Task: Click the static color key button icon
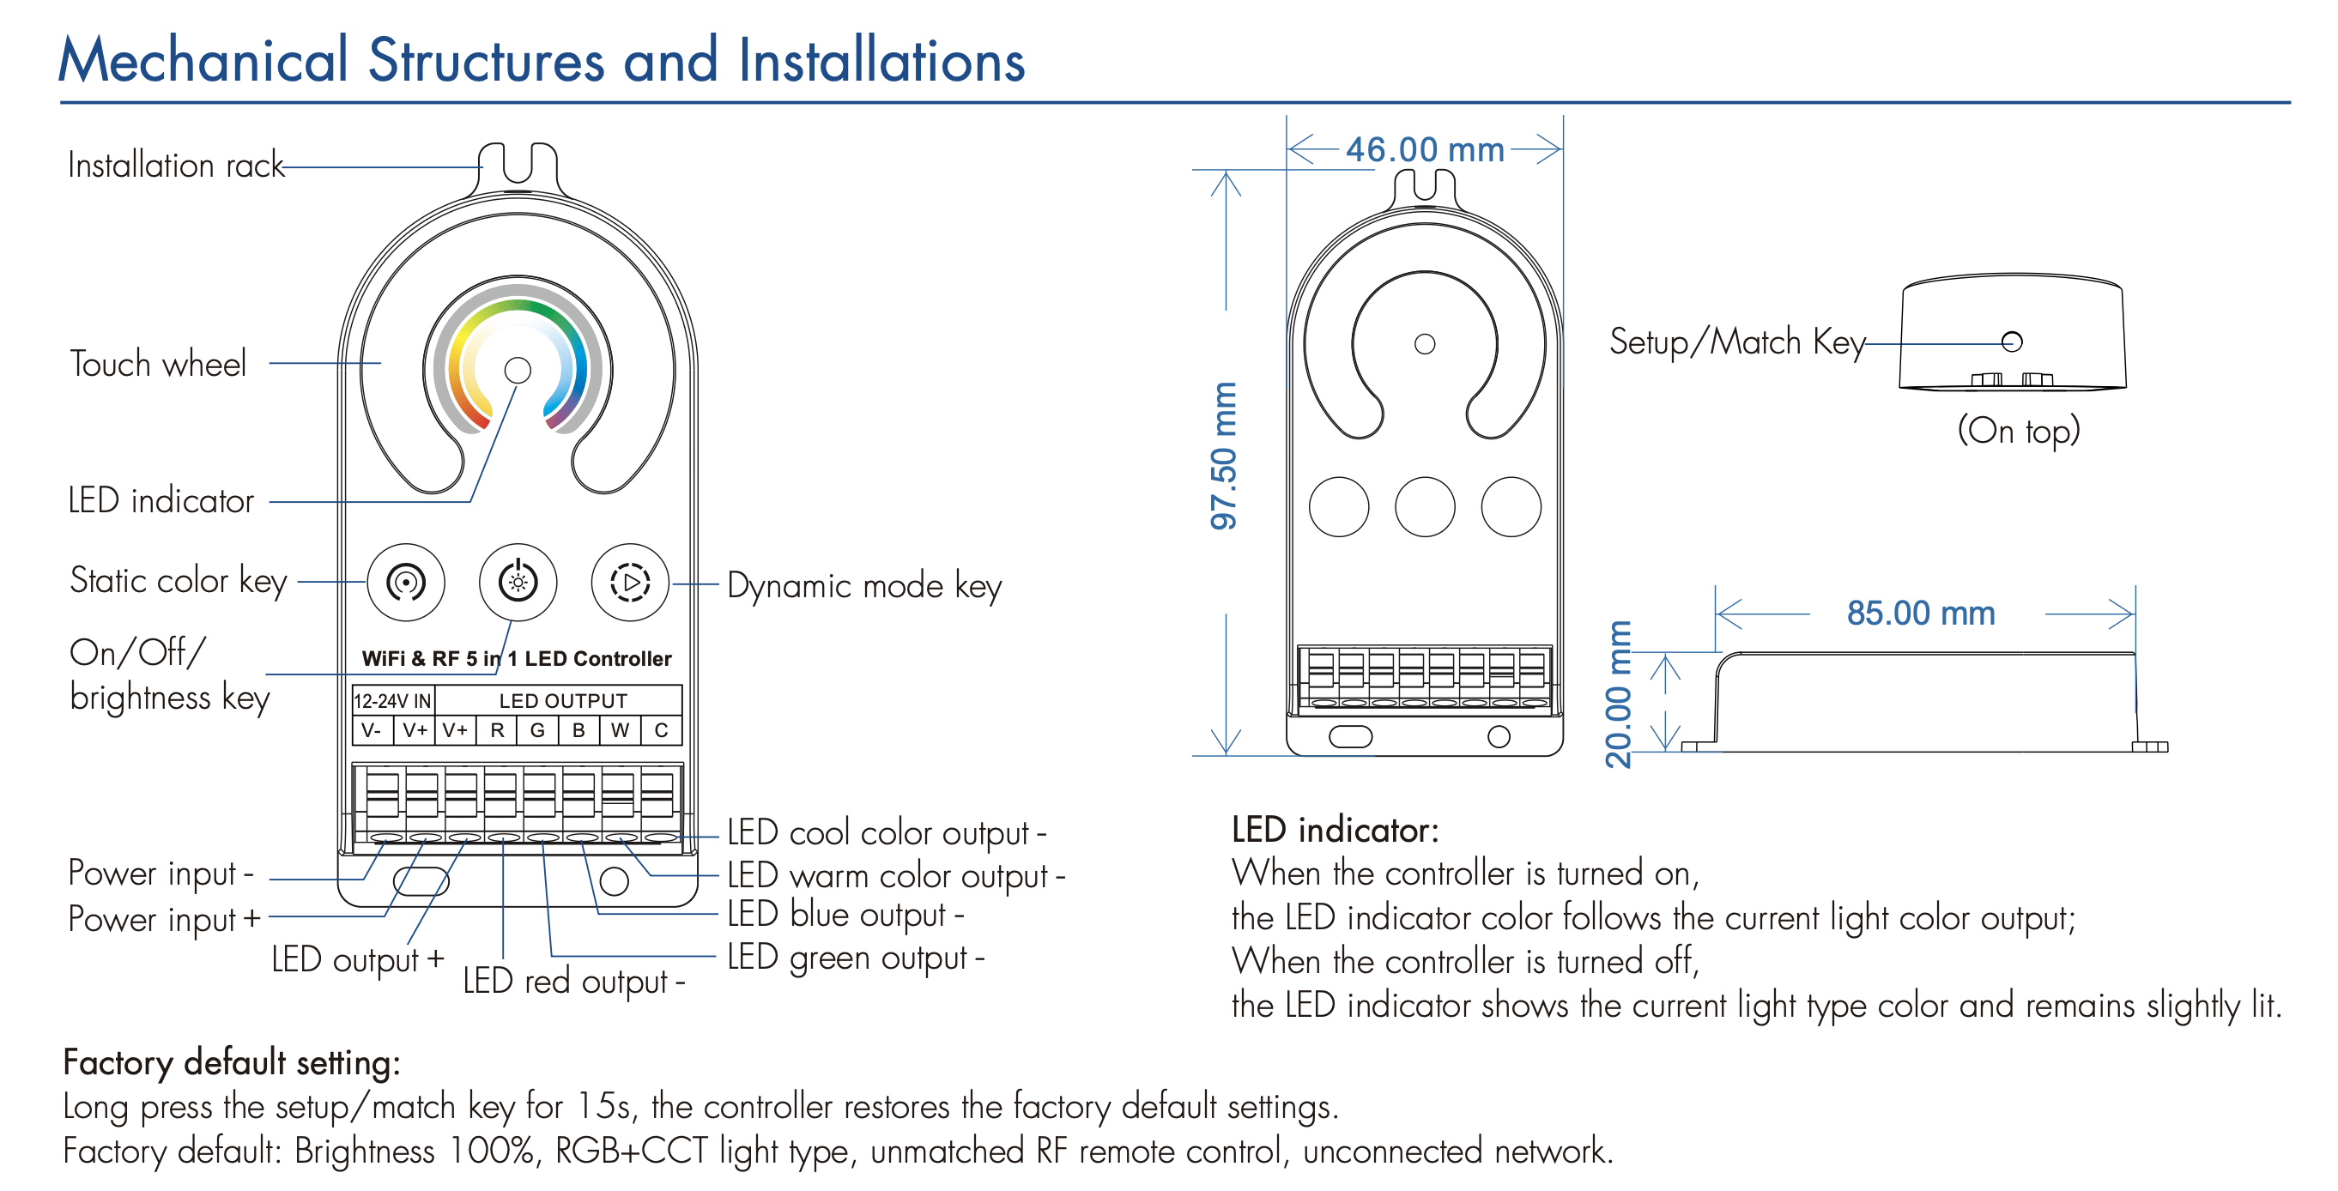coord(406,583)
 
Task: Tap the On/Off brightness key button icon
coord(518,583)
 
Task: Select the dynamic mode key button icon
coord(630,583)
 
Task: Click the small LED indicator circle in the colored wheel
coord(518,370)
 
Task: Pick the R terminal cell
coord(497,730)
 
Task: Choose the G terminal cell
coord(537,730)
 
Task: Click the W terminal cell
coord(620,730)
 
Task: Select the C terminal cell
coord(662,730)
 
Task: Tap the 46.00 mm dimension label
coord(1424,149)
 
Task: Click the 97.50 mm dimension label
coord(1223,456)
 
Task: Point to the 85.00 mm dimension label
coord(1921,614)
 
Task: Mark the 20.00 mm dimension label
coord(1618,694)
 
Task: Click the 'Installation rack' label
coord(176,166)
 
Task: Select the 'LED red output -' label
coord(573,982)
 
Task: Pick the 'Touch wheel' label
coord(158,364)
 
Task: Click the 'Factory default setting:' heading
coord(232,1062)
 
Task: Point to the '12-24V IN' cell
coord(392,700)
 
